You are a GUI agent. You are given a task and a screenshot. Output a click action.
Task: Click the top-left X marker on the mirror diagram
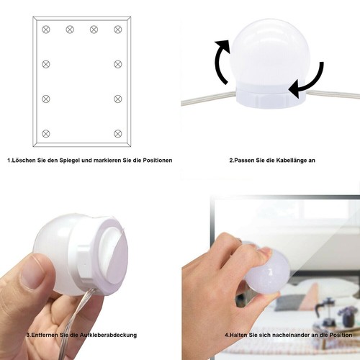[x=46, y=30]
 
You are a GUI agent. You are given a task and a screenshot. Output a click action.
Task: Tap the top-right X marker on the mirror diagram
[x=118, y=30]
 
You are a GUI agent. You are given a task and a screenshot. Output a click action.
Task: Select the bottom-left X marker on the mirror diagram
[x=46, y=134]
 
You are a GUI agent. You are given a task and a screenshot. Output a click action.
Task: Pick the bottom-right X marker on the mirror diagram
[x=118, y=134]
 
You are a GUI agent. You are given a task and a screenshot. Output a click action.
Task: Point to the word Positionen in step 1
[x=158, y=161]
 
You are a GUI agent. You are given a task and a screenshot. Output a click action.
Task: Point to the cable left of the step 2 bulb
[x=208, y=99]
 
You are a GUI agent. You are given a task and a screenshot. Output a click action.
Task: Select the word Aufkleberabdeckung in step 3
[x=108, y=335]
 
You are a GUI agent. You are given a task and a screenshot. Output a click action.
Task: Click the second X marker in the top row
[x=70, y=30]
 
